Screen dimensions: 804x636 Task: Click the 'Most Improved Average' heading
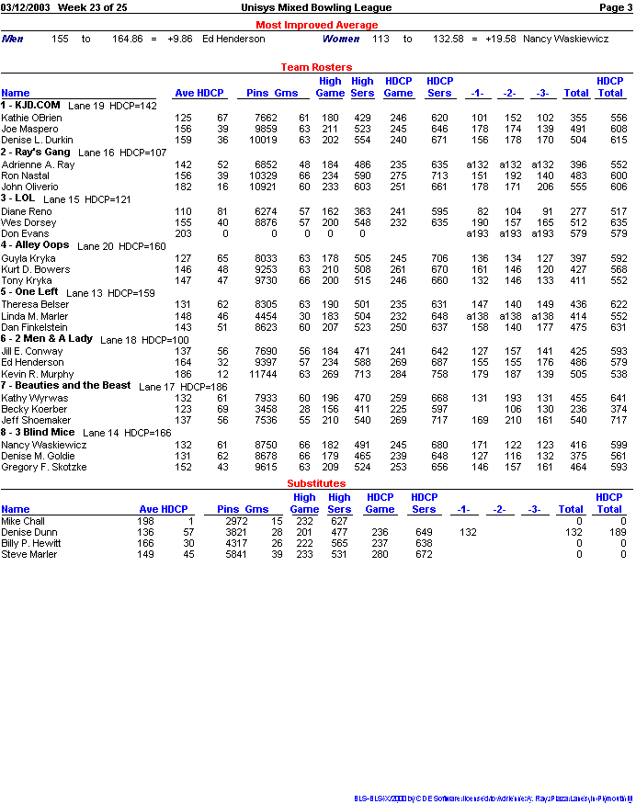click(x=316, y=25)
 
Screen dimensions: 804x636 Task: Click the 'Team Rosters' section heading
click(x=316, y=67)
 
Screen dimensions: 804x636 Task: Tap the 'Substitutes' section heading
click(x=316, y=482)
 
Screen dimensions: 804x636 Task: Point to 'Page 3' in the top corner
click(x=614, y=7)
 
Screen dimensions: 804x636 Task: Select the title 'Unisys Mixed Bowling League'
click(x=316, y=7)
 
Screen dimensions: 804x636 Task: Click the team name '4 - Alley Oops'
click(x=35, y=245)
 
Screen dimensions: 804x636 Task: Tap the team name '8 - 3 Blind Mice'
click(x=39, y=432)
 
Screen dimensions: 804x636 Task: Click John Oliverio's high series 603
click(x=362, y=187)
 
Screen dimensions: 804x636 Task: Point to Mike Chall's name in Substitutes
click(x=22, y=521)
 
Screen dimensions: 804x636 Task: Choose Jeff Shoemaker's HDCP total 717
click(x=617, y=421)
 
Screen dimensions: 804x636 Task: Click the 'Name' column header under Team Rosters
click(x=15, y=93)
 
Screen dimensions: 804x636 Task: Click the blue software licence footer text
click(x=494, y=798)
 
